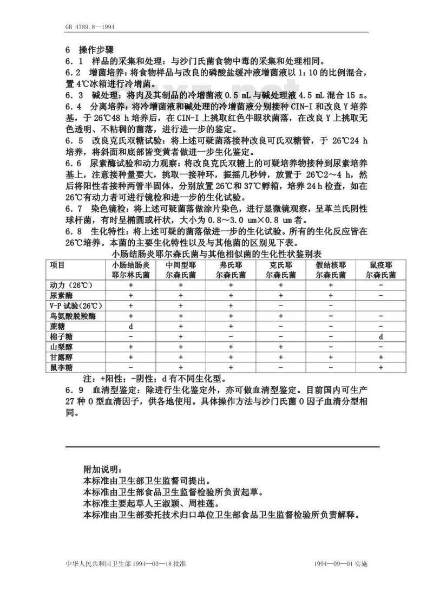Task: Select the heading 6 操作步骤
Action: pos(89,49)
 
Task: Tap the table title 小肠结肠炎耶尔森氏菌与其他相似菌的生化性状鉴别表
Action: pos(216,254)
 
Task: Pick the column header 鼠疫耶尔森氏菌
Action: pos(381,270)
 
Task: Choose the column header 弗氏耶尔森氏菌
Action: pos(231,270)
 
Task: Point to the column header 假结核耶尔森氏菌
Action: pos(331,270)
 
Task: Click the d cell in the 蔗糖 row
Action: pos(130,326)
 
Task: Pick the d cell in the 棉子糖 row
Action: pos(381,336)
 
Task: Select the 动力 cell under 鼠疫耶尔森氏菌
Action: pos(381,285)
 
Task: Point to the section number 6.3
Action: pos(74,94)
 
